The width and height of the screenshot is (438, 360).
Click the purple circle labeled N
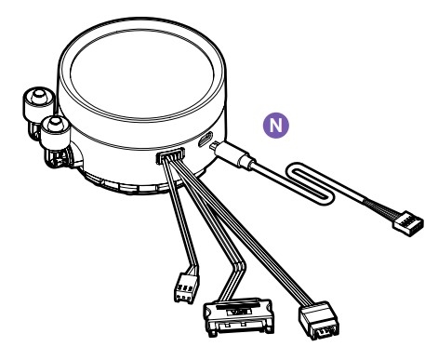[276, 126]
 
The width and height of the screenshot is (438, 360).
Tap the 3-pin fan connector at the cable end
[187, 288]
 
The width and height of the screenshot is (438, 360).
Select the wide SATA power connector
[238, 316]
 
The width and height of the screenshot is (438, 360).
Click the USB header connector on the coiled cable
[408, 223]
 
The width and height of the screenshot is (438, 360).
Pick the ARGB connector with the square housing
[319, 321]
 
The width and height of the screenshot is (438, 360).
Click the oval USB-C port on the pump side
[206, 140]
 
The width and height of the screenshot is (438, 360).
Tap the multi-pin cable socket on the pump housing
[170, 155]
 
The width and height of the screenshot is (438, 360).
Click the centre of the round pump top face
[141, 73]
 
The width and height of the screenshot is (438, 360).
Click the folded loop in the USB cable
[310, 183]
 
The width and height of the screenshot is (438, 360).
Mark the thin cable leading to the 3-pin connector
[182, 216]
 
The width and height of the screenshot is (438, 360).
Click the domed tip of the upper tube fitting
[38, 95]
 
